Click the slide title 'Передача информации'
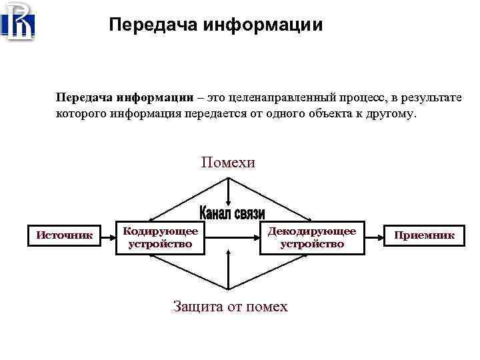click(215, 25)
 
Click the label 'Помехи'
click(228, 162)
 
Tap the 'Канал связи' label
click(232, 213)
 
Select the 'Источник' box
click(64, 235)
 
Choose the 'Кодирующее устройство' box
click(160, 237)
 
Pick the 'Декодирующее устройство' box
click(311, 237)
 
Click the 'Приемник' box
click(423, 235)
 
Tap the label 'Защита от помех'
click(230, 307)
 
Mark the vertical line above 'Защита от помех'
click(229, 273)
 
